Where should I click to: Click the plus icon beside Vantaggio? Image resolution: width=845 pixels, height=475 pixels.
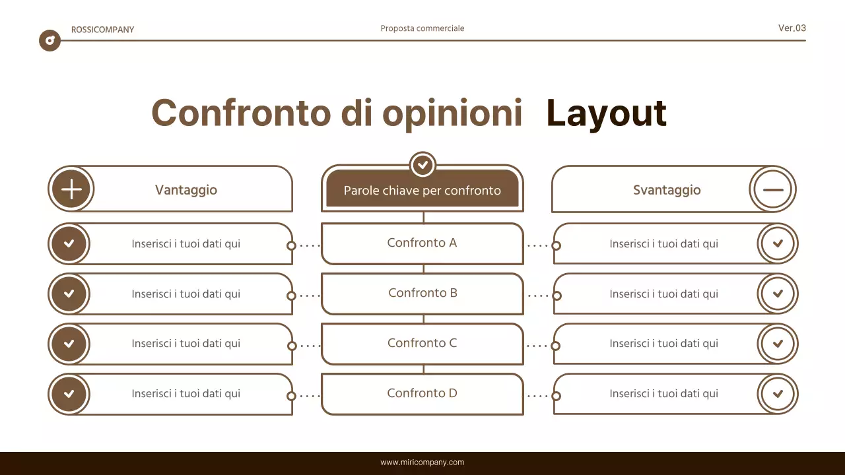(x=71, y=189)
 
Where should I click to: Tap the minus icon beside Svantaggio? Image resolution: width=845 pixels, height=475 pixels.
(x=772, y=189)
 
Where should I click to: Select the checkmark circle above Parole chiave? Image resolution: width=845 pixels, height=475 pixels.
(x=422, y=164)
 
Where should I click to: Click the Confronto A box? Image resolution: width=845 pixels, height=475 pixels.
(x=422, y=243)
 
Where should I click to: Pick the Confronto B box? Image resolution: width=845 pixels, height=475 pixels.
(x=422, y=293)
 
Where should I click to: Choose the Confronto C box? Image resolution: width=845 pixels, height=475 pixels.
(x=422, y=343)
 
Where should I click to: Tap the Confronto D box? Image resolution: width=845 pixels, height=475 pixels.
(x=422, y=393)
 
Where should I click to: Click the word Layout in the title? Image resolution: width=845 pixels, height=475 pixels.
(x=606, y=113)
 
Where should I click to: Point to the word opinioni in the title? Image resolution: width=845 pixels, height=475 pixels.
(x=452, y=113)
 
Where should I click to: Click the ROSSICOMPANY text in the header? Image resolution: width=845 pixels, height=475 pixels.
(x=102, y=30)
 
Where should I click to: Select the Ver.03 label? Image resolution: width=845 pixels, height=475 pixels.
(x=792, y=28)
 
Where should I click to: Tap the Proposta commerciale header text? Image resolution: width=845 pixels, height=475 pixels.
(x=422, y=28)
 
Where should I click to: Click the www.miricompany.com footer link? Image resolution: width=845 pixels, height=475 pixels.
(x=422, y=462)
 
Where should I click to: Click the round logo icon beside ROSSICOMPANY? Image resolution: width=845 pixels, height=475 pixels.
(x=50, y=41)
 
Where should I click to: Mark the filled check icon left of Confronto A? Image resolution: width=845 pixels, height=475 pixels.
(x=69, y=243)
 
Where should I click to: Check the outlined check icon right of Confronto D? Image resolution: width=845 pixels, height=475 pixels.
(x=778, y=394)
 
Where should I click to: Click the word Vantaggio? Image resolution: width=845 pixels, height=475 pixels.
(x=186, y=190)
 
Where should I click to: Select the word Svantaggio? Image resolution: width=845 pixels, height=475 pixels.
(x=667, y=190)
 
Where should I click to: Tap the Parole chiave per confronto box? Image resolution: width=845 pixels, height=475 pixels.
(x=422, y=191)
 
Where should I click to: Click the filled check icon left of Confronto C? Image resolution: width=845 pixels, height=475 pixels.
(x=69, y=344)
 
